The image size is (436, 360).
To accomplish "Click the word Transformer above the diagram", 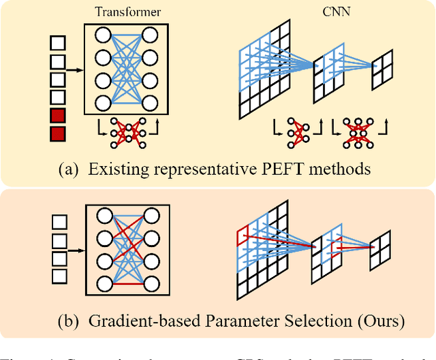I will coord(128,11).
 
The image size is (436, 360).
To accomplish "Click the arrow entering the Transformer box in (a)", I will coord(74,69).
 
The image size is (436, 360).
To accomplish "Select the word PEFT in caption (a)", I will coord(285,169).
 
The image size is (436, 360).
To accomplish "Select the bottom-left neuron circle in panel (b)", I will coord(104,284).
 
